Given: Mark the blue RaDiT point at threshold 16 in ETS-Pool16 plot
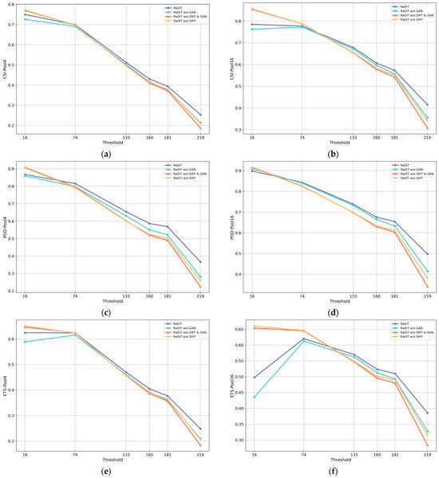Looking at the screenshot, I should coord(252,377).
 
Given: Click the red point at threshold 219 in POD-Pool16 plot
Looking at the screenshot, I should coord(427,287).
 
